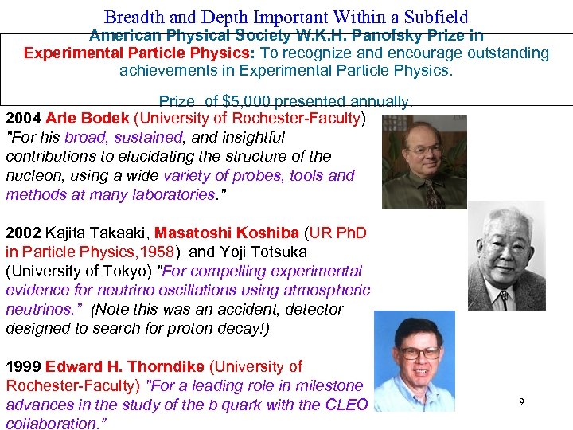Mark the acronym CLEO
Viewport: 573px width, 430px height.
(346, 405)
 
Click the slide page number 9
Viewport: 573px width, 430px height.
(521, 402)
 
